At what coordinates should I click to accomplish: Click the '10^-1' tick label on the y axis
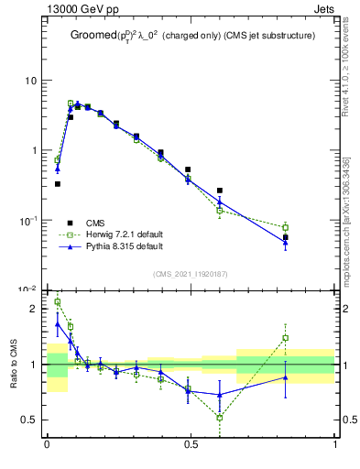point(31,220)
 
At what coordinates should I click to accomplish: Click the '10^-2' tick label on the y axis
point(31,289)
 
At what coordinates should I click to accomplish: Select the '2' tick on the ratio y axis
point(38,309)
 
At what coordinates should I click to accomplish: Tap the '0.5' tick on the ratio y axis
point(33,420)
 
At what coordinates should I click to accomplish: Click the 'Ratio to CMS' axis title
point(14,364)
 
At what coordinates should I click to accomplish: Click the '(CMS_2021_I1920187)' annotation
point(191,273)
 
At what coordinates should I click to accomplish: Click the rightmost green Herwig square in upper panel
point(286,227)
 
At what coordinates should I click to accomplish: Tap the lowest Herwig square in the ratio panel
point(220,418)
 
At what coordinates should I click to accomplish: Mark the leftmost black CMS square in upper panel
point(58,184)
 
